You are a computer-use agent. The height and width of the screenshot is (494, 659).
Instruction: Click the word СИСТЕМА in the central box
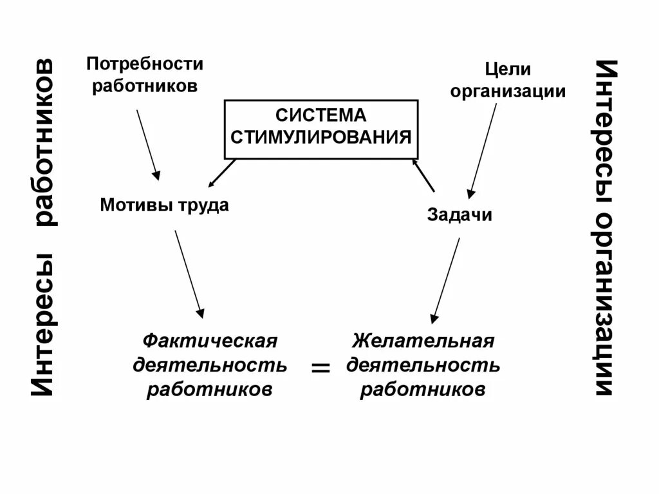pos(320,115)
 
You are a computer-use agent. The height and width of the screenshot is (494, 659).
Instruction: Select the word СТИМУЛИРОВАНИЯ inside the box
pos(320,137)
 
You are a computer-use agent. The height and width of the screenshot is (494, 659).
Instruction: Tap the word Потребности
pos(145,64)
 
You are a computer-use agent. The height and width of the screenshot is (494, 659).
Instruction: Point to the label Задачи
pos(459,214)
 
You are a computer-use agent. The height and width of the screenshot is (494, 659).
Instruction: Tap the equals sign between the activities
pos(320,368)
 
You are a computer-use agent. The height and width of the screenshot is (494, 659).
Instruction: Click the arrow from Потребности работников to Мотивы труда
pos(147,144)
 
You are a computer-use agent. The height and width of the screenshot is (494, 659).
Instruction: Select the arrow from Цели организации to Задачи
pos(483,149)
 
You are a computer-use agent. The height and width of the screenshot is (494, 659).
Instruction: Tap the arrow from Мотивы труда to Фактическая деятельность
pos(189,274)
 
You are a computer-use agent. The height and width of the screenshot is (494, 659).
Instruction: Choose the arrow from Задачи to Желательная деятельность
pos(445,280)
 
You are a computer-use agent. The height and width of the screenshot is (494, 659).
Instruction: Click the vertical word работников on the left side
pos(44,143)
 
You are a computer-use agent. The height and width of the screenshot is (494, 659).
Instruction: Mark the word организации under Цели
pos(508,91)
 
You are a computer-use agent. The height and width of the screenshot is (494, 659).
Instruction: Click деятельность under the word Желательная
pos(423,365)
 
